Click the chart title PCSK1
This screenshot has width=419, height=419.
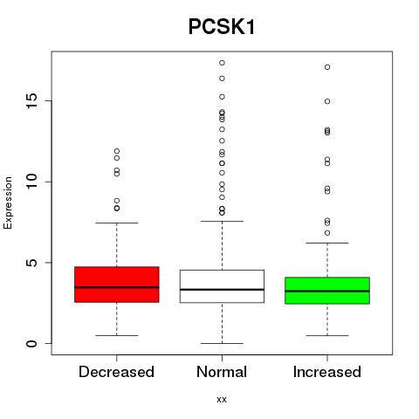point(222,27)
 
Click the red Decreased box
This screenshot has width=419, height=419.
point(117,285)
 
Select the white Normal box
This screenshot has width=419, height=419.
point(222,286)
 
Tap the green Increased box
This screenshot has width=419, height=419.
point(327,291)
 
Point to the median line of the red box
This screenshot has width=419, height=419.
point(117,287)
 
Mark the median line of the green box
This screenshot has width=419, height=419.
point(327,291)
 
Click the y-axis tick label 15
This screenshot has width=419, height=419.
point(32,101)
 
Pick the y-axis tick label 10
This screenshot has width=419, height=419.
point(32,182)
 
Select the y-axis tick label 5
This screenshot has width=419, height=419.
point(32,263)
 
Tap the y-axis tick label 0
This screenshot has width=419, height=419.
point(32,343)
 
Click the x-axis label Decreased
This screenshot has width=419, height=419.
point(116,372)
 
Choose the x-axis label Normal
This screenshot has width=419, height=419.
point(222,372)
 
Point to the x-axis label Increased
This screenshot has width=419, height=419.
point(327,372)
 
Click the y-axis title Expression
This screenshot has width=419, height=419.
point(8,203)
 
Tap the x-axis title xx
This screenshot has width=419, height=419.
point(222,400)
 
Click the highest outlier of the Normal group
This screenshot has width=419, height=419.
point(222,63)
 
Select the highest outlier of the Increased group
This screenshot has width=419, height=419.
point(327,67)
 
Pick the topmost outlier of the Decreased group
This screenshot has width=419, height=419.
point(117,151)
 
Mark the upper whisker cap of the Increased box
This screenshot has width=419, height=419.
point(327,243)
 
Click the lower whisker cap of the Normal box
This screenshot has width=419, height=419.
point(222,343)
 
